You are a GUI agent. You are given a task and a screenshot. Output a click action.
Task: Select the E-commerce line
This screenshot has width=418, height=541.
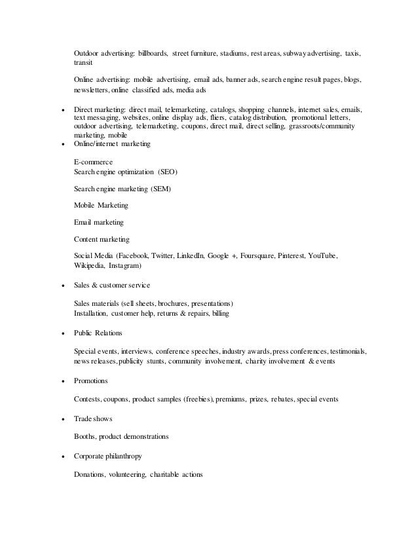[94, 161]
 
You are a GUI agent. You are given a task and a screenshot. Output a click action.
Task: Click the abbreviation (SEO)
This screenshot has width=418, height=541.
[166, 172]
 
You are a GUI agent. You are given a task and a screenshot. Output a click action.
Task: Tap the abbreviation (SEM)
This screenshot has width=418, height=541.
[161, 189]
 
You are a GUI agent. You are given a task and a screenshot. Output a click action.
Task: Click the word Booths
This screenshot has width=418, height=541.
[85, 437]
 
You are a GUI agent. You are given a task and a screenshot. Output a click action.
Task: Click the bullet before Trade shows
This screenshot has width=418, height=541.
[62, 419]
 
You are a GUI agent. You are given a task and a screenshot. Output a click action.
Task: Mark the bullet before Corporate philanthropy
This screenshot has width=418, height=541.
[62, 457]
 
